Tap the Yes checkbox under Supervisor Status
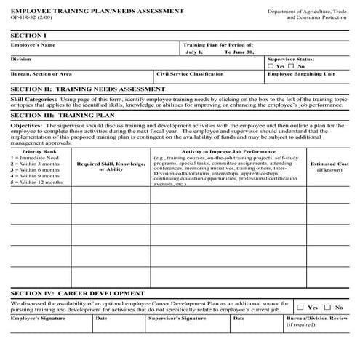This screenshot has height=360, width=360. [x=271, y=65]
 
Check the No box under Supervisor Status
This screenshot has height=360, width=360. [x=291, y=65]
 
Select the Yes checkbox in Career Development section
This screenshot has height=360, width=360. [x=300, y=308]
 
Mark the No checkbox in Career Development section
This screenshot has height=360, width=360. [x=328, y=308]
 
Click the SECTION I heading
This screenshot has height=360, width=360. [x=27, y=36]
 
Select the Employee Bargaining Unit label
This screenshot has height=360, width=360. [x=301, y=74]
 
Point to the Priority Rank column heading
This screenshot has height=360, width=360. [x=37, y=151]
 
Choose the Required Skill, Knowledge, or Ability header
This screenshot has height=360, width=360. [x=111, y=167]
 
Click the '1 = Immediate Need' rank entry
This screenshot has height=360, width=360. [x=35, y=158]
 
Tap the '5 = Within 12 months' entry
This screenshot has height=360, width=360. [x=37, y=182]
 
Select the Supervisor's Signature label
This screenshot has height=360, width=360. [x=177, y=318]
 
